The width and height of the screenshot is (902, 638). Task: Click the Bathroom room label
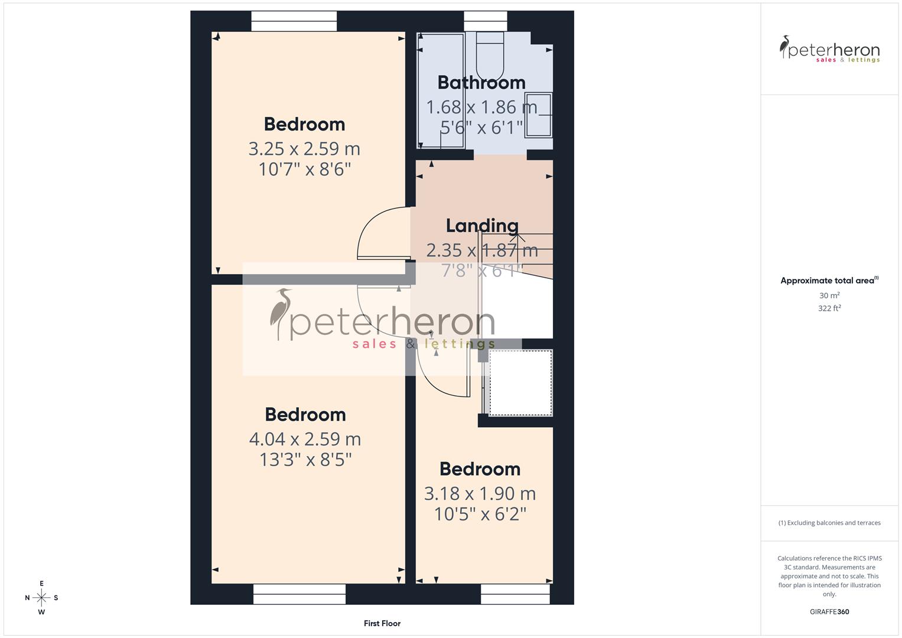pyautogui.click(x=481, y=83)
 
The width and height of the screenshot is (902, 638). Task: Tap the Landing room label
pyautogui.click(x=482, y=226)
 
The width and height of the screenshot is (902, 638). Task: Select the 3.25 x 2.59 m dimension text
pyautogui.click(x=304, y=149)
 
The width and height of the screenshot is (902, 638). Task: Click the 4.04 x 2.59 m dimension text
pyautogui.click(x=305, y=439)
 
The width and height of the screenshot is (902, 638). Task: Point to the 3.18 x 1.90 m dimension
pyautogui.click(x=480, y=493)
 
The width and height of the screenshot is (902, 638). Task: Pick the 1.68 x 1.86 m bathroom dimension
pyautogui.click(x=481, y=108)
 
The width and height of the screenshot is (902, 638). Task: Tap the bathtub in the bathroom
pyautogui.click(x=441, y=90)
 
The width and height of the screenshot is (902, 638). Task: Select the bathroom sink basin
pyautogui.click(x=539, y=115)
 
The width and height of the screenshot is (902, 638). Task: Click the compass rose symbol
pyautogui.click(x=41, y=598)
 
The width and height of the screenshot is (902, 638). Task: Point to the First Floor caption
pyautogui.click(x=382, y=623)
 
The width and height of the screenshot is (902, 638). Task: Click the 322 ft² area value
pyautogui.click(x=829, y=308)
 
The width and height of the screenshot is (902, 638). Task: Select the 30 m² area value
pyautogui.click(x=829, y=295)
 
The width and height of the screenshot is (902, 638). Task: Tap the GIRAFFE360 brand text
pyautogui.click(x=829, y=612)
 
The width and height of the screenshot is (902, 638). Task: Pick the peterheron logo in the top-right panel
pyautogui.click(x=829, y=50)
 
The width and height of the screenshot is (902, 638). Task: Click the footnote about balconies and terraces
pyautogui.click(x=829, y=523)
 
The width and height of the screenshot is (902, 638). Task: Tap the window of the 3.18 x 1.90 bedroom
pyautogui.click(x=515, y=594)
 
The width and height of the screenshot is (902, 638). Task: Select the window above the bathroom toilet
pyautogui.click(x=486, y=21)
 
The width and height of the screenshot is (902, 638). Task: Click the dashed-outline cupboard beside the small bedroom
pyautogui.click(x=520, y=383)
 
